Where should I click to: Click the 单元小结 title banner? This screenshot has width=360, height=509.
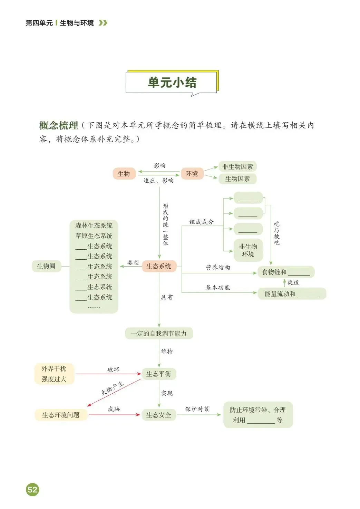tap(172, 83)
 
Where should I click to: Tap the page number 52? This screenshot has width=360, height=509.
tap(32, 489)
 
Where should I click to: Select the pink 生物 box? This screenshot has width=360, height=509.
tap(124, 173)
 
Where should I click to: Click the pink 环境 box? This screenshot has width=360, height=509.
tap(192, 173)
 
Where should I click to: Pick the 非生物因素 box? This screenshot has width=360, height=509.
tap(237, 167)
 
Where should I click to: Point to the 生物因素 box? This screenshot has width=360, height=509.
tap(237, 179)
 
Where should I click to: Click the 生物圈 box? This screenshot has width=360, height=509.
tap(46, 266)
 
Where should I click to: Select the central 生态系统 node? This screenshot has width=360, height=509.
tap(159, 266)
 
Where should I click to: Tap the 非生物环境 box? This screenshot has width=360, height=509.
tap(248, 250)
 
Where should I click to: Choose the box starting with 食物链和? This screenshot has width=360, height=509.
tap(286, 272)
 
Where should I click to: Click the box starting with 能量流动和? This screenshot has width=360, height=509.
tap(292, 294)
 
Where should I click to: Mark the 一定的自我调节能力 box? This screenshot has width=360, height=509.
tap(159, 334)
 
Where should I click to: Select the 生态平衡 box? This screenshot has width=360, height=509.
tap(159, 374)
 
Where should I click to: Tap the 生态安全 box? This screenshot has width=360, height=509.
tap(159, 415)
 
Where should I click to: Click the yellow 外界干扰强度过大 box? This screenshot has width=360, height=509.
tap(54, 374)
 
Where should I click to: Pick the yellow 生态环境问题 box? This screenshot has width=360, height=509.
tap(61, 415)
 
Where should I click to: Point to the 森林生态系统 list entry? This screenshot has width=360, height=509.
tap(94, 225)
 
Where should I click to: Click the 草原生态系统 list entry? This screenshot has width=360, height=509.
tap(94, 236)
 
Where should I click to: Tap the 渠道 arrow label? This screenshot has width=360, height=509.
tap(293, 283)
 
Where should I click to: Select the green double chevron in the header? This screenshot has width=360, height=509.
tap(103, 23)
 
